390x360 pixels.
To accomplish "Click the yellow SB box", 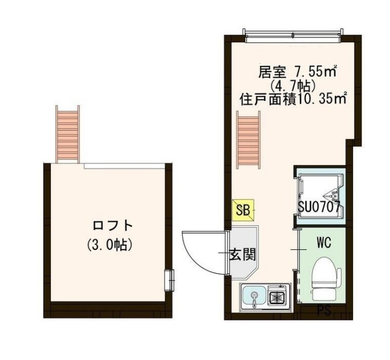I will (x=243, y=210).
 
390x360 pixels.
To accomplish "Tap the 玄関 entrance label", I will (x=242, y=255).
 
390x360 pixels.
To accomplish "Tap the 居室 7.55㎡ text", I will (x=297, y=72).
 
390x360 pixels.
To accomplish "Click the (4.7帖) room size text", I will (x=294, y=86).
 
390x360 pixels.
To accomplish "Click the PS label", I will (x=323, y=309).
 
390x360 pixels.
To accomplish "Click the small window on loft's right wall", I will (x=169, y=279).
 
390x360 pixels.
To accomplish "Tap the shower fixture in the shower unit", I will (x=334, y=195).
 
